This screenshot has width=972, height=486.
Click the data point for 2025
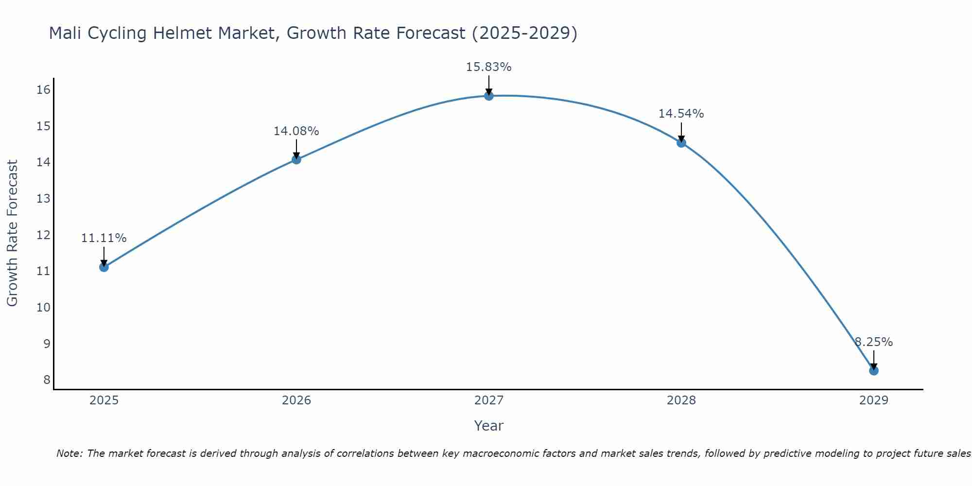(104, 267)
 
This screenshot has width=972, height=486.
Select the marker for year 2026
(296, 159)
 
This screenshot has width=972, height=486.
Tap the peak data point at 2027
(488, 96)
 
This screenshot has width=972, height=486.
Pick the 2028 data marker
(681, 143)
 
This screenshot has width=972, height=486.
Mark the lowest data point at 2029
(873, 371)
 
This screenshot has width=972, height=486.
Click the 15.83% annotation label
(488, 67)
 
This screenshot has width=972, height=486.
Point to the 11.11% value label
(104, 238)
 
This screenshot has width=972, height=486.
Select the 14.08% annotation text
(296, 131)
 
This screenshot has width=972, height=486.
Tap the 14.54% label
(681, 114)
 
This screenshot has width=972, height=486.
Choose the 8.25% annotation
(873, 342)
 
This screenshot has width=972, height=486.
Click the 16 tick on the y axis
(43, 89)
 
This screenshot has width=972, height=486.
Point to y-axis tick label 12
(43, 235)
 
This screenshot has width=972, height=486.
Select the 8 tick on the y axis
(47, 380)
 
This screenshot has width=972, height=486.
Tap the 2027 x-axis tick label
(488, 400)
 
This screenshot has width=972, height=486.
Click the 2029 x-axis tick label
(873, 400)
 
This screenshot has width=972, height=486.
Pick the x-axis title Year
(488, 426)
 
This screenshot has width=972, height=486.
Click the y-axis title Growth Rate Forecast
(12, 233)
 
